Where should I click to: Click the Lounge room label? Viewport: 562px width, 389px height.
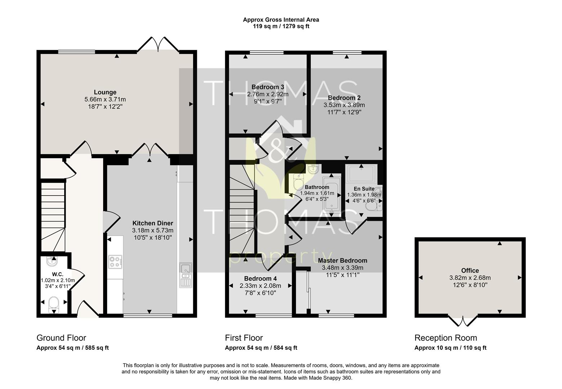click(x=105, y=92)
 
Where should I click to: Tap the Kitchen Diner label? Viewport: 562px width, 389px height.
click(x=152, y=223)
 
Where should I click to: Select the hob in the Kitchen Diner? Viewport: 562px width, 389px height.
click(x=115, y=262)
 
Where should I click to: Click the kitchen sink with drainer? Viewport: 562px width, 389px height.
click(x=186, y=275)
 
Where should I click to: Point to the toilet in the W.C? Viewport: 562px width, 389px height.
click(x=54, y=304)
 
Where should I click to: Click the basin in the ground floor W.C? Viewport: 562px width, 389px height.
click(x=52, y=261)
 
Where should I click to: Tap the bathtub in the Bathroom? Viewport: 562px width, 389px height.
click(x=332, y=196)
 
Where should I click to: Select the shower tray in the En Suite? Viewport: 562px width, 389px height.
click(x=361, y=173)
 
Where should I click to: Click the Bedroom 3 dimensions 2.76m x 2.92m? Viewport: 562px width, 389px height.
click(x=268, y=94)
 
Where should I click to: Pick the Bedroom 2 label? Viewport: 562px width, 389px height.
click(x=344, y=98)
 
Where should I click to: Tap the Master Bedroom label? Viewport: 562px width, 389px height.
click(x=342, y=260)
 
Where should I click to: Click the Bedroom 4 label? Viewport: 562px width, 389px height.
click(x=260, y=278)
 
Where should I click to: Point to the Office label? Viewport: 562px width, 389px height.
click(x=470, y=270)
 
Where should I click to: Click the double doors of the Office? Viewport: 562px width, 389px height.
click(x=463, y=321)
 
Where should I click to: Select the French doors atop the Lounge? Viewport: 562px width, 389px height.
click(x=158, y=45)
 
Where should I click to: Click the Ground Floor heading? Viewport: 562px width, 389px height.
click(x=62, y=338)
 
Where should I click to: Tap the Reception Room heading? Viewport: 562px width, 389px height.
click(x=446, y=338)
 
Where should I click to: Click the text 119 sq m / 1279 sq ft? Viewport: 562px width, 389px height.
click(x=281, y=26)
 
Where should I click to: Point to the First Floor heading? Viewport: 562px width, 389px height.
click(x=244, y=338)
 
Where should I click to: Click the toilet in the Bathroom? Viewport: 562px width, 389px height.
click(x=298, y=183)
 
